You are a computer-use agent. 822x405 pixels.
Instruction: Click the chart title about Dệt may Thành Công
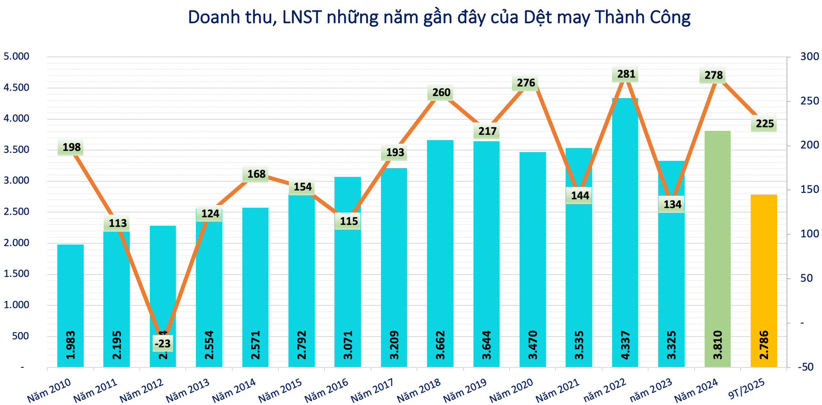[439, 18]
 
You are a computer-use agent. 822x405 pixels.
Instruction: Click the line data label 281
[626, 74]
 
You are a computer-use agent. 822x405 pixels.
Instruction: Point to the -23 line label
[163, 343]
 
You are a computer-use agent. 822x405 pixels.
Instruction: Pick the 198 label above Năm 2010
[71, 148]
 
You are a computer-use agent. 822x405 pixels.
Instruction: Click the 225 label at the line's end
[765, 124]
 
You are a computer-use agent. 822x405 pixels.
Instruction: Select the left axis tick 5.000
[16, 56]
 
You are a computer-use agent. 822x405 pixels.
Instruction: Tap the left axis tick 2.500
[16, 212]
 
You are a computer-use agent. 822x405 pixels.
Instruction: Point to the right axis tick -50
[806, 367]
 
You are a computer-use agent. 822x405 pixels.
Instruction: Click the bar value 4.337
[625, 345]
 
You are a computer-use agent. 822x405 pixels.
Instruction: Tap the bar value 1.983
[71, 345]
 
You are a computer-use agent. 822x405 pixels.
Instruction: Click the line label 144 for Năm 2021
[580, 196]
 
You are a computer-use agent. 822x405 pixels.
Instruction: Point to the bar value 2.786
[764, 345]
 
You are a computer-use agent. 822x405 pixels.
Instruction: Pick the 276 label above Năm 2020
[526, 83]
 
